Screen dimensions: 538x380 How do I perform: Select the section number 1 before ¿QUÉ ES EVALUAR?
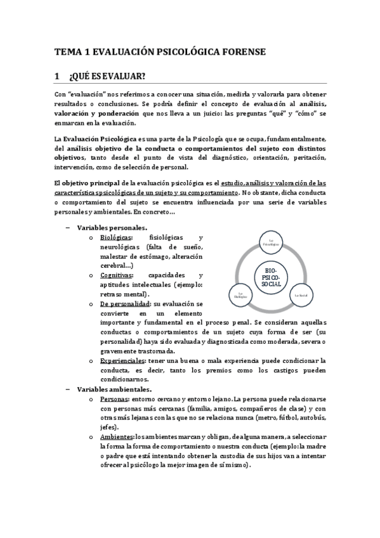coord(58,77)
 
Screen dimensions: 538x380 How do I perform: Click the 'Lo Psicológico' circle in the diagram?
coord(271,242)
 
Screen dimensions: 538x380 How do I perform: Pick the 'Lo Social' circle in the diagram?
coord(299,295)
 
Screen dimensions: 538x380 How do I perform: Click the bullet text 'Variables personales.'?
coord(112,227)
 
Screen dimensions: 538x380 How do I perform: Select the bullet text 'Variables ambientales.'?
coord(114,389)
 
